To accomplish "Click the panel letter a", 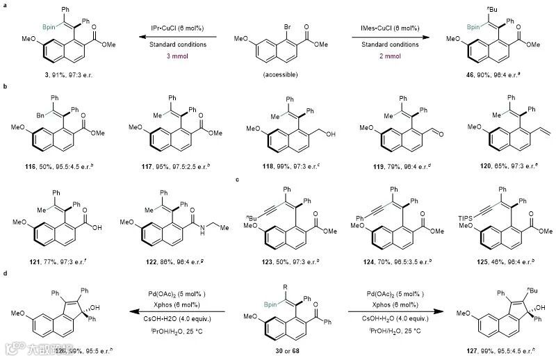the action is (5, 5).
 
